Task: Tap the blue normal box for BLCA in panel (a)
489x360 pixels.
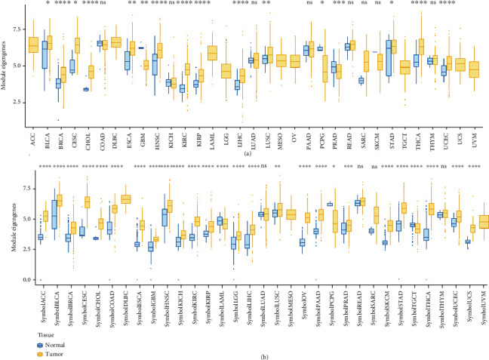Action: coord(45,55)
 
